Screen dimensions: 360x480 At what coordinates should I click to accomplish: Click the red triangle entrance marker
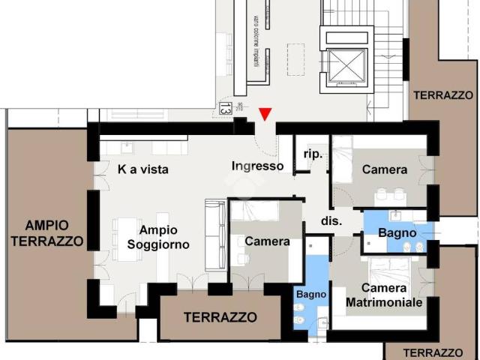click(265, 114)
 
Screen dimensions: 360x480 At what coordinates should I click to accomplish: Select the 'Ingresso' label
click(257, 166)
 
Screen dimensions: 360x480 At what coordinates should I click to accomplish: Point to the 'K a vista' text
click(143, 169)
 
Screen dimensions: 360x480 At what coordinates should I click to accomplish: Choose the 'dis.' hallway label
click(331, 221)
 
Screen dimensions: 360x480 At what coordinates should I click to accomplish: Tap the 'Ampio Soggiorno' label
click(158, 237)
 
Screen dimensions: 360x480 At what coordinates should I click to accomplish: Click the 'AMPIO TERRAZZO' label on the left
click(46, 233)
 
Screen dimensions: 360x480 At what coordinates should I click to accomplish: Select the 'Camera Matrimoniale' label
click(384, 295)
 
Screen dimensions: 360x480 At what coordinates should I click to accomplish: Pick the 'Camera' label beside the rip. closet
click(385, 169)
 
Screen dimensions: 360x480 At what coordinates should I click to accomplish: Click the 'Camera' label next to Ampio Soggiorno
click(268, 241)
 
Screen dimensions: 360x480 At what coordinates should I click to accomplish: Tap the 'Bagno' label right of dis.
click(397, 233)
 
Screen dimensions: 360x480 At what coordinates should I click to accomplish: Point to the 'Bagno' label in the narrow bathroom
click(311, 295)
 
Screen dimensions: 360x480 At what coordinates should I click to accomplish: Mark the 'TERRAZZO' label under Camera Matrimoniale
click(432, 352)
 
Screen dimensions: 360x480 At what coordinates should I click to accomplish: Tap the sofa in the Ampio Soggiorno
click(215, 235)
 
